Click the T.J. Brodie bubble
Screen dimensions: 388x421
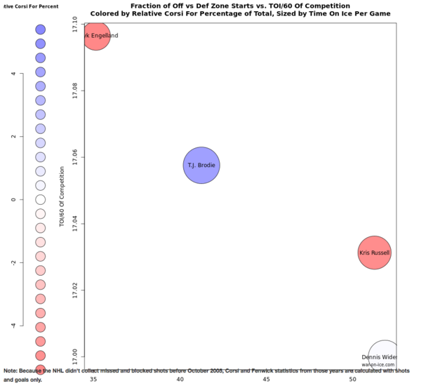tap(202, 166)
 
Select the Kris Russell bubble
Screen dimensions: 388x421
tap(374, 253)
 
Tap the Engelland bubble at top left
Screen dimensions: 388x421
tap(97, 36)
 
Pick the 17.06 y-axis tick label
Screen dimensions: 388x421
tap(75, 157)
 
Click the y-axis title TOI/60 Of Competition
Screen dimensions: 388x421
tap(62, 196)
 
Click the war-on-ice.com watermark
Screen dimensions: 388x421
tap(380, 365)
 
